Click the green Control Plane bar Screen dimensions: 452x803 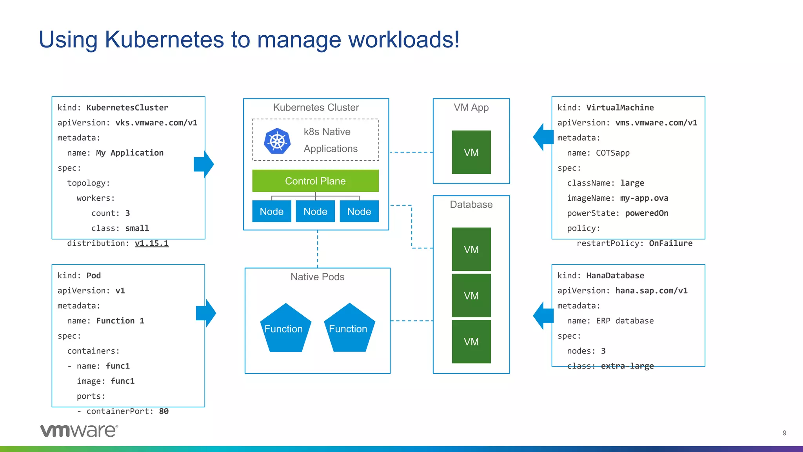(x=315, y=181)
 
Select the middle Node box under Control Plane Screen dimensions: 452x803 (x=315, y=211)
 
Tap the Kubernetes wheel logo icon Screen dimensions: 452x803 (x=277, y=141)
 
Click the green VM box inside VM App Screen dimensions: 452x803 (x=471, y=152)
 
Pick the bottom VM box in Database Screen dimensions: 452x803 (x=471, y=341)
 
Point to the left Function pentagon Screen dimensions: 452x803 (x=285, y=329)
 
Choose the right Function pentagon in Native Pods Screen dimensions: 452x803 (x=349, y=329)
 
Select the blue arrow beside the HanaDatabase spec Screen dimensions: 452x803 (x=543, y=316)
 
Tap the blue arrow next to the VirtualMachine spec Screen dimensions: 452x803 (x=543, y=137)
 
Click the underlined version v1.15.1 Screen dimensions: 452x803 (x=151, y=243)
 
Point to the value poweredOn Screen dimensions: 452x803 (x=646, y=213)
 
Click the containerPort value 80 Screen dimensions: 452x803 (x=164, y=411)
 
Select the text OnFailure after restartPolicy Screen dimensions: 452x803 (x=670, y=243)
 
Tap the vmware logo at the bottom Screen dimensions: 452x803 (x=79, y=431)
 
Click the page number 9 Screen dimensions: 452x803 (x=784, y=433)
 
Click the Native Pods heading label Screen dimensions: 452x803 (x=317, y=277)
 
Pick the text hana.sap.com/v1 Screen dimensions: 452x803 (x=651, y=291)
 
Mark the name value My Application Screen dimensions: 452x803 (x=129, y=153)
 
